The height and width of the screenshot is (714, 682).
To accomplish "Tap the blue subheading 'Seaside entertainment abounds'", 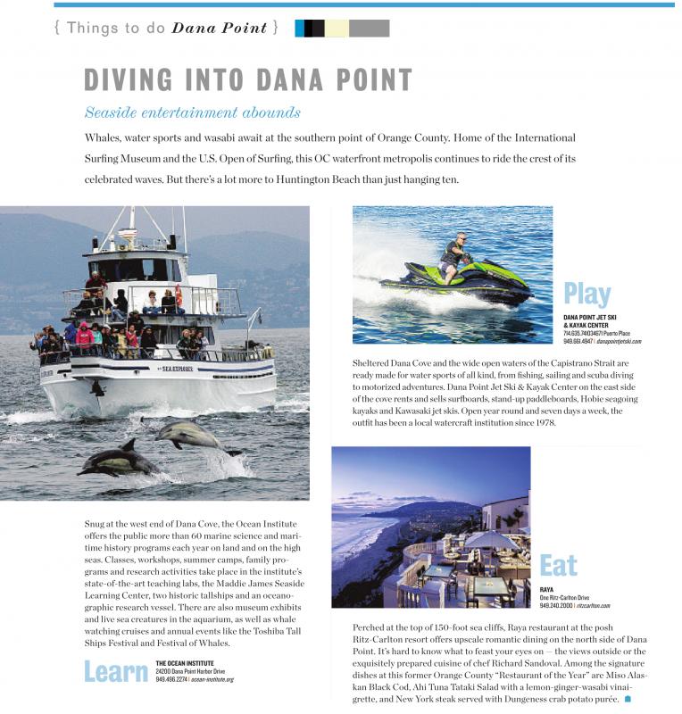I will pos(192,113).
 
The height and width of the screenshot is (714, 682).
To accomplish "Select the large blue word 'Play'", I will pos(587,294).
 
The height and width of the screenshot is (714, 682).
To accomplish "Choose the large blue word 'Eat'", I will pos(558,565).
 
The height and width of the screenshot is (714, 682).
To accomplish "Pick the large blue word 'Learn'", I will pos(115,671).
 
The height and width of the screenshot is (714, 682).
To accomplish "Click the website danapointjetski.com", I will pos(618,341).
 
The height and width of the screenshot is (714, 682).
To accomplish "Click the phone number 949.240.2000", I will pos(556,606).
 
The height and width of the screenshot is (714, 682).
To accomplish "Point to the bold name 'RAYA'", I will pos(547,590).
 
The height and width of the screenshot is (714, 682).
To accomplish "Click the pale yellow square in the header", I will pos(337,28).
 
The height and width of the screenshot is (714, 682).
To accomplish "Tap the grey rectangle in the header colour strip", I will pos(369,28).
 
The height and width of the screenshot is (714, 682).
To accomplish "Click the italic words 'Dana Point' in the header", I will pos(220,28).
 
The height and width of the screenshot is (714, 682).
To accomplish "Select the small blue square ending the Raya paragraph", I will pos(628,699).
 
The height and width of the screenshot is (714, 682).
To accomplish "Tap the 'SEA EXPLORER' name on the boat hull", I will pos(179,368).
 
